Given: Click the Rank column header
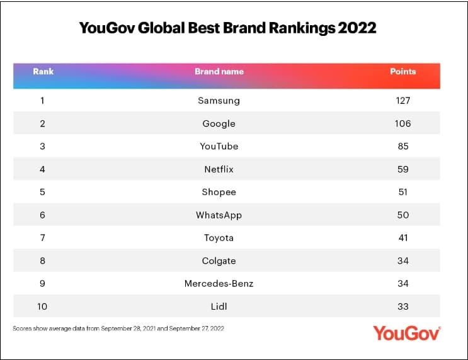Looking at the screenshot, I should pos(42,72).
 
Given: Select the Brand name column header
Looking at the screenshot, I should pos(219,72).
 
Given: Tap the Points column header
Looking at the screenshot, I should pos(403,72).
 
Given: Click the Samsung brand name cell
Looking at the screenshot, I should pos(219,100).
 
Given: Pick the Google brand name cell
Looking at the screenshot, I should pos(219,123).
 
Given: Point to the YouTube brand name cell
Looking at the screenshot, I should pos(219,146).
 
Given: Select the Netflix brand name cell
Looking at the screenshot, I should pos(219,169).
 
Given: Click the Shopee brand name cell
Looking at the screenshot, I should pos(219,192).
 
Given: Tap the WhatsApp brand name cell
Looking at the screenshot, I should pos(219,215).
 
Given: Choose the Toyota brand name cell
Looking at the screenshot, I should pos(219,238).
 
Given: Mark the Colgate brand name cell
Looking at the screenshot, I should pos(219,261).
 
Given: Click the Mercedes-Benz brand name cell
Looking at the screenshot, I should pos(219,284).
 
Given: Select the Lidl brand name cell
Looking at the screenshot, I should pos(219,307).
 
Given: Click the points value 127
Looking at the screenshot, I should pos(403,100).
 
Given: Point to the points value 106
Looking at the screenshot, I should pos(403,123).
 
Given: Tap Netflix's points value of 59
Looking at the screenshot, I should pos(403,169).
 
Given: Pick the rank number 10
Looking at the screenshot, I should pos(42,307).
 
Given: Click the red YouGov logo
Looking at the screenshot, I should pos(406,333).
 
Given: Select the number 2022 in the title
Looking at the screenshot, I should pos(355,28).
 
